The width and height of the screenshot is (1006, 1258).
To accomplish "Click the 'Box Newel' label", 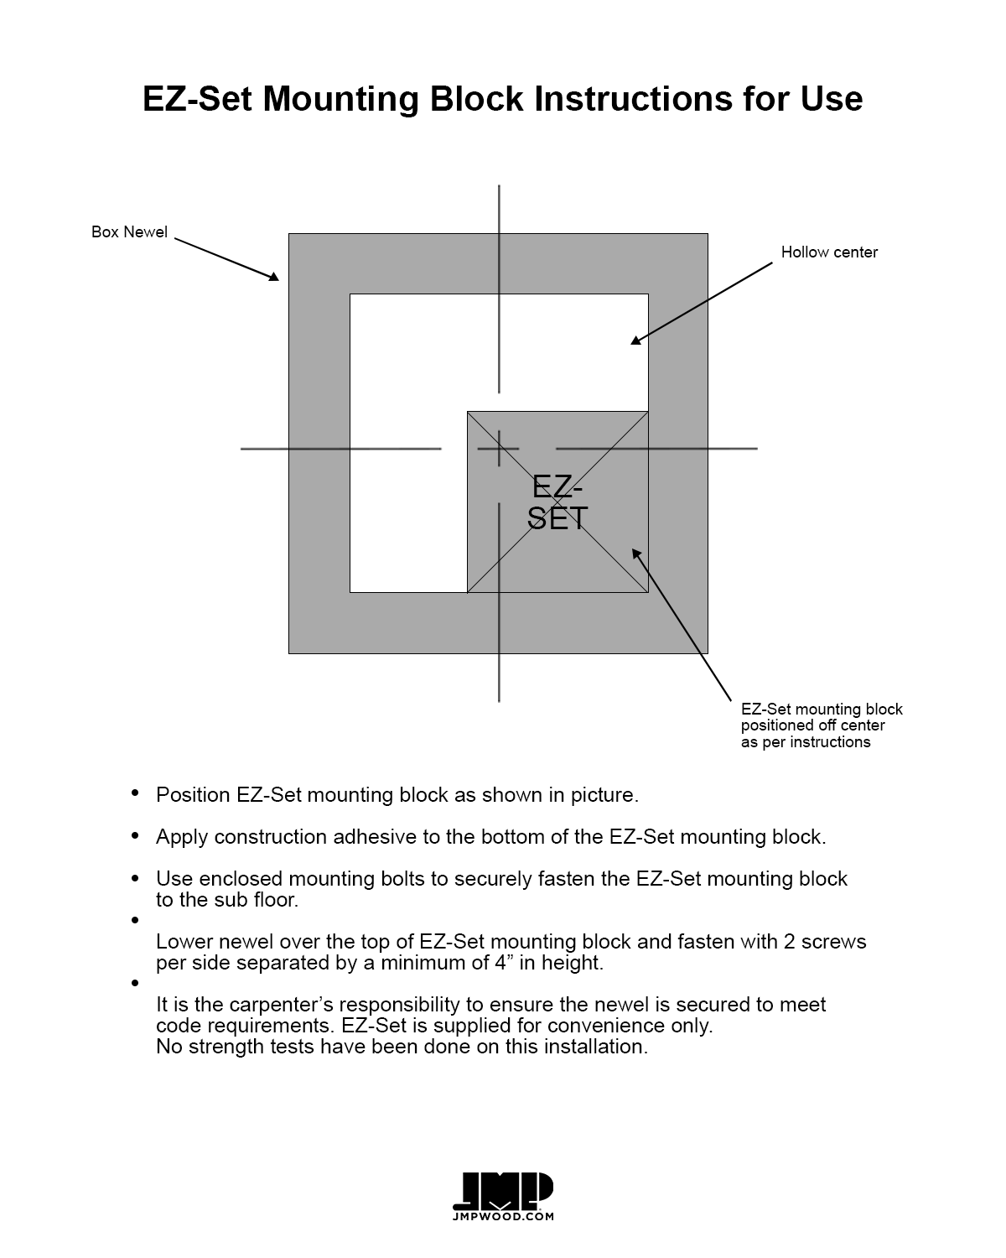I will [129, 232].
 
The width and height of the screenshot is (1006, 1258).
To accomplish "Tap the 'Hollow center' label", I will [829, 252].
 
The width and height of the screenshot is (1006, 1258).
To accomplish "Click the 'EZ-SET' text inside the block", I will [557, 502].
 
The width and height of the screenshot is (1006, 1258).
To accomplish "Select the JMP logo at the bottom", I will [502, 1190].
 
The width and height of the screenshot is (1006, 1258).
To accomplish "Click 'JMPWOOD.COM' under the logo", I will [502, 1216].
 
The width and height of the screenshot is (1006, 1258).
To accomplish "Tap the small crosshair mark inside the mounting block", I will [500, 449].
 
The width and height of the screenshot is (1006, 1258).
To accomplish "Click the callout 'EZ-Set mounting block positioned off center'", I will [821, 725].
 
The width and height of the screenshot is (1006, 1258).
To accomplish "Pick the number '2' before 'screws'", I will [789, 942].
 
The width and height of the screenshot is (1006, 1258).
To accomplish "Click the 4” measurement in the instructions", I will [503, 963].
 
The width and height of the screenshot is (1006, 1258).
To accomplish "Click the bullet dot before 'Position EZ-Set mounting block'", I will [135, 793].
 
